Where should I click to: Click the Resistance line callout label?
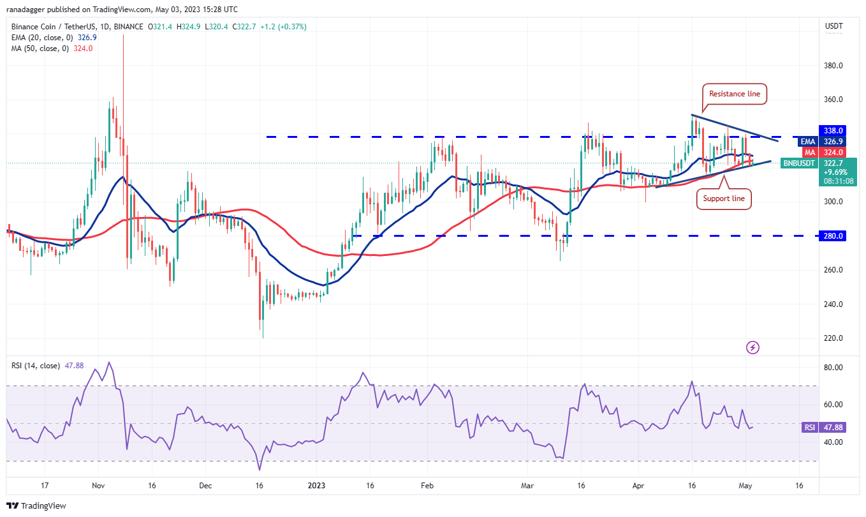[x=735, y=94]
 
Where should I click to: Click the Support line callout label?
[x=724, y=199]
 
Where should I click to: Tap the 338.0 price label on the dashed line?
[x=834, y=130]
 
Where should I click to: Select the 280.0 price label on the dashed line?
[x=834, y=236]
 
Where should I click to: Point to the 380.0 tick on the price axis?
[x=833, y=66]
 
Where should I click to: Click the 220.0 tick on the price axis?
[x=833, y=338]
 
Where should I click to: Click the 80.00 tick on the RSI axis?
[x=833, y=368]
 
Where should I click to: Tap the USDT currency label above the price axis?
[x=833, y=26]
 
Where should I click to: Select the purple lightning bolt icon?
[x=752, y=347]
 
